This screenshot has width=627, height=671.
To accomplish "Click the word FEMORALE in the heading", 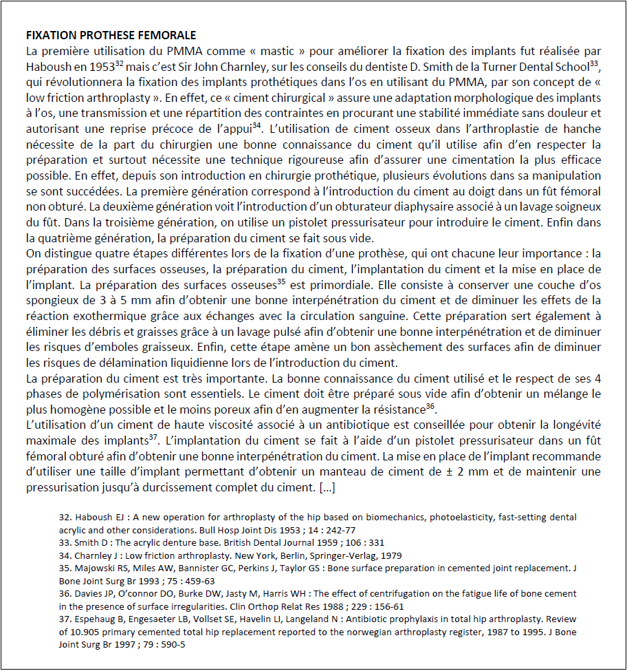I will [168, 35].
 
